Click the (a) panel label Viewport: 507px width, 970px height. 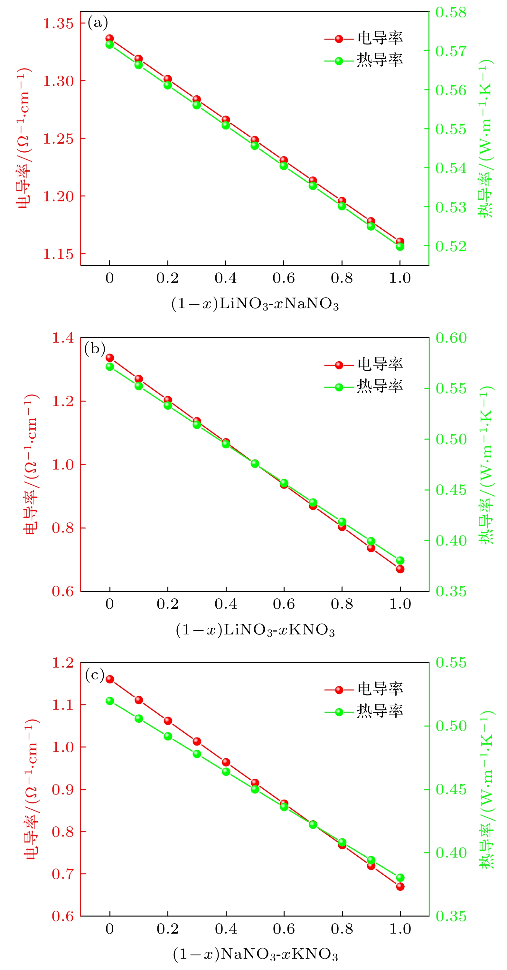(98, 23)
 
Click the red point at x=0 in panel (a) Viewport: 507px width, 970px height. (109, 38)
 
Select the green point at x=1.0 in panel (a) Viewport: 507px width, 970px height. (400, 247)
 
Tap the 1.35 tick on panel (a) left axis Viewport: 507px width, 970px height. (58, 23)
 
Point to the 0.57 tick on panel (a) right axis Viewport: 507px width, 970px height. (451, 51)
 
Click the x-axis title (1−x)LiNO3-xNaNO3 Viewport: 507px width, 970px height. (255, 303)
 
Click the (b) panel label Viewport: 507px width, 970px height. (94, 348)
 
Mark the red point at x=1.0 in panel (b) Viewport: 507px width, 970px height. (400, 569)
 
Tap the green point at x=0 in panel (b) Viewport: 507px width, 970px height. (109, 367)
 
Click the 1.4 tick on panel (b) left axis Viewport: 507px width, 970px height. (63, 338)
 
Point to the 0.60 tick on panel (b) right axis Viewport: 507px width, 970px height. (451, 338)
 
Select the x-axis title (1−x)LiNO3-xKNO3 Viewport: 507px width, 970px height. (255, 630)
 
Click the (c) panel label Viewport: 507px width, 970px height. (94, 675)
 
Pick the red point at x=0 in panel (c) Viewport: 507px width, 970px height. (109, 679)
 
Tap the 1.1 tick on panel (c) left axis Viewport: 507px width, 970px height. (63, 705)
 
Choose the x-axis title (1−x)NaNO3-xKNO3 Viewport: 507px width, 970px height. (255, 954)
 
